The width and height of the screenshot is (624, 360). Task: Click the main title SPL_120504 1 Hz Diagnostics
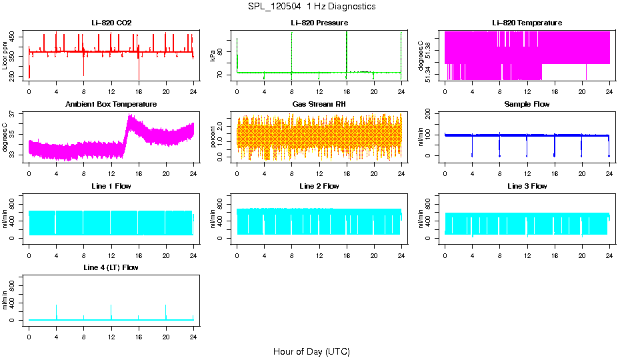[311, 7]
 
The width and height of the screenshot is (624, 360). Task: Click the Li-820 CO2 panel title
[111, 23]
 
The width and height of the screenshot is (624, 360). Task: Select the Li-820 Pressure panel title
[319, 23]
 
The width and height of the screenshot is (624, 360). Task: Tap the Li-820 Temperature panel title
[527, 23]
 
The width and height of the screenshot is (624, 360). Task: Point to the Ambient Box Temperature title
[111, 105]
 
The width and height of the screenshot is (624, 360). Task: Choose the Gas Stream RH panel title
[319, 105]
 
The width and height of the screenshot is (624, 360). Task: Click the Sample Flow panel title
[527, 105]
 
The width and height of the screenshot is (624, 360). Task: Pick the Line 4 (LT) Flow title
[111, 267]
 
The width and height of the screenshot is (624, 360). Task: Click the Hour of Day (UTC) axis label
[311, 351]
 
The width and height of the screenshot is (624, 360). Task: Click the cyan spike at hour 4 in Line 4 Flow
[56, 311]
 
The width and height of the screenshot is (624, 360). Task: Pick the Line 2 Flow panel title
[319, 186]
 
